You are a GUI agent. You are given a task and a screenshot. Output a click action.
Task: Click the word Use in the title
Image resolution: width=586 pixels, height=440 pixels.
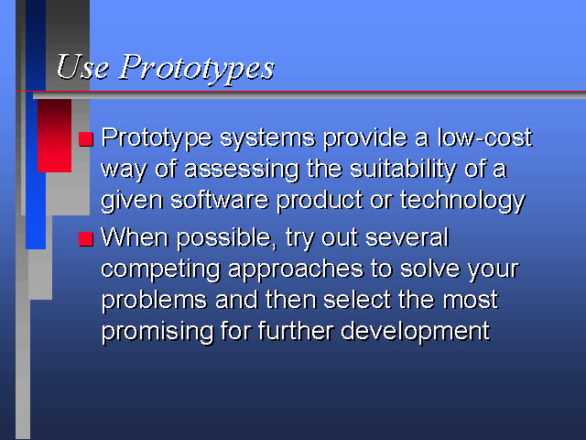(82, 67)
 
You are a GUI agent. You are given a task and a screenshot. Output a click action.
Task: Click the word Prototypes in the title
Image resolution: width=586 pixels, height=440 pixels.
(197, 69)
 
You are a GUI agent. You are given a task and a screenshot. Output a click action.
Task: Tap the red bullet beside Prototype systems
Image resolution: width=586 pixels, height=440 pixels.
(85, 138)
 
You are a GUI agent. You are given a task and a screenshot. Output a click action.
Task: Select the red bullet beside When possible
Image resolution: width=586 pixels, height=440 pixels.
(85, 238)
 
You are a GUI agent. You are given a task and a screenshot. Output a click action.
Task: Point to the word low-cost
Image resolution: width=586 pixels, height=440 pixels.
(484, 137)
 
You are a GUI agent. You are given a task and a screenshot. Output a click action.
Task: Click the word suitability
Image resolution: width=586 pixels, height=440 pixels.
(404, 169)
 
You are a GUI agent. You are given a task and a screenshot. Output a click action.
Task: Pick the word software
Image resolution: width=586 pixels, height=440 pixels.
(220, 200)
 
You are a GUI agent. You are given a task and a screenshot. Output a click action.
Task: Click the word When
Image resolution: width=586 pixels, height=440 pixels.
(135, 237)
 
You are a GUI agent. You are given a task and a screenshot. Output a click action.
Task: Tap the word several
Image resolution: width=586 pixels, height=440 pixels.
(407, 237)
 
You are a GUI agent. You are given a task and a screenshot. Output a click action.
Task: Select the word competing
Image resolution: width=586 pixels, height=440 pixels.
(161, 270)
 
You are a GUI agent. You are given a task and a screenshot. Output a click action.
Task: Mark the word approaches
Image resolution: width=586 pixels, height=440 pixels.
(296, 270)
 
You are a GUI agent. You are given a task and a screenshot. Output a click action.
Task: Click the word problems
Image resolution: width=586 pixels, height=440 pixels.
(154, 301)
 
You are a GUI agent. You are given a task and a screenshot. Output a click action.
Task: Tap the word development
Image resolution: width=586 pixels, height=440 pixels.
(415, 332)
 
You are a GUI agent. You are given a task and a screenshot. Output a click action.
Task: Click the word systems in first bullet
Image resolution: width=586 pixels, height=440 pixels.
(267, 138)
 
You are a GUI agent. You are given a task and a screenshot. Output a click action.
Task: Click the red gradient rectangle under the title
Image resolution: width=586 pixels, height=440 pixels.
(55, 136)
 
